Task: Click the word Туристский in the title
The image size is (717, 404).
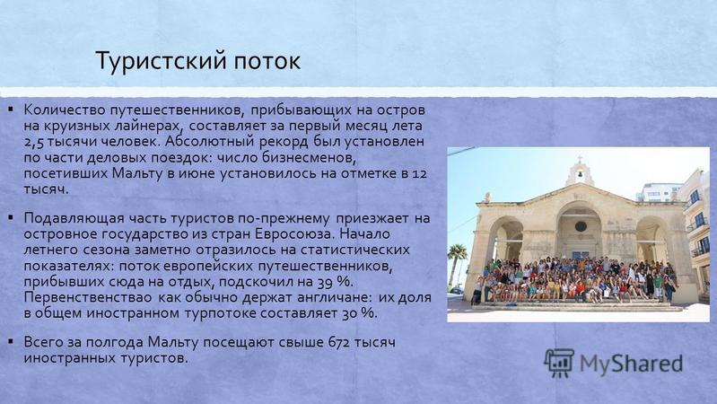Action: pyautogui.click(x=159, y=61)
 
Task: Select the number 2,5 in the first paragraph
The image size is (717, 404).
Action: pyautogui.click(x=34, y=142)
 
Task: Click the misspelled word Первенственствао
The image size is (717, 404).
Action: pyautogui.click(x=89, y=297)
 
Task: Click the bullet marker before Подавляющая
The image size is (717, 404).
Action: pyautogui.click(x=10, y=217)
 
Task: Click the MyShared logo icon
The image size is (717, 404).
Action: pyautogui.click(x=559, y=363)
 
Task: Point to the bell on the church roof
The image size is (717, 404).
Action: pyautogui.click(x=580, y=174)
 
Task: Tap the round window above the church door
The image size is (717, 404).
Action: pyautogui.click(x=581, y=226)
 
